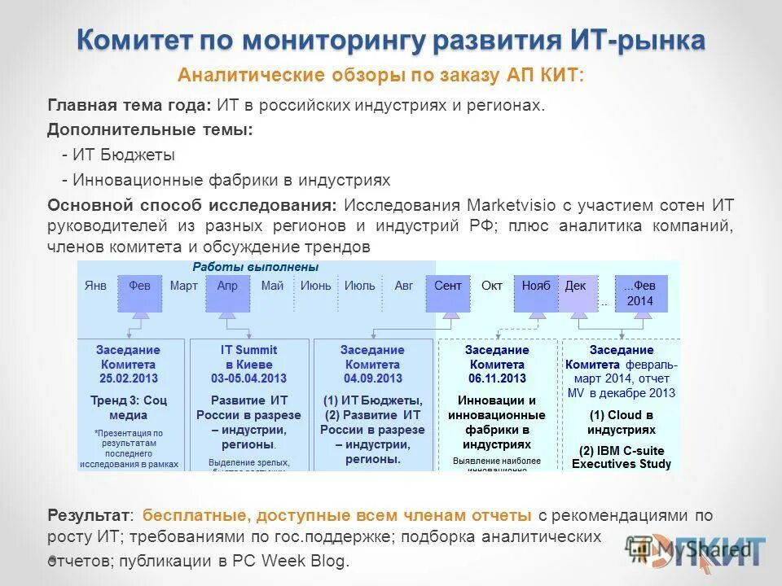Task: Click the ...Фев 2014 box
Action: pyautogui.click(x=639, y=293)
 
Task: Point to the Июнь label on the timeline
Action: pyautogui.click(x=315, y=286)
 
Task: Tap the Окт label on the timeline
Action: pyautogui.click(x=492, y=286)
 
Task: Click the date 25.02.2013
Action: pyautogui.click(x=129, y=379)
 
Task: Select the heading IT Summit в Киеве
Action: pyautogui.click(x=248, y=357)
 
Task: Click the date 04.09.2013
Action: pyautogui.click(x=372, y=379)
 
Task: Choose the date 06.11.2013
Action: pyautogui.click(x=497, y=379)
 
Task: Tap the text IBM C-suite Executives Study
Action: pyautogui.click(x=622, y=457)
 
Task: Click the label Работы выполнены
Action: pyautogui.click(x=256, y=267)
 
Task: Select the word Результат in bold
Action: pyautogui.click(x=88, y=515)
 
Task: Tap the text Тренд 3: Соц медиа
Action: pyautogui.click(x=129, y=407)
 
